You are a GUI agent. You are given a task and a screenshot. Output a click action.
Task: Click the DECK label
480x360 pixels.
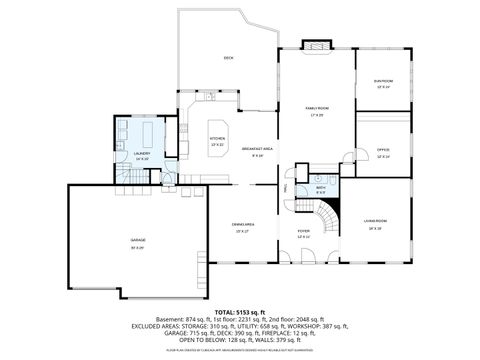click(x=228, y=58)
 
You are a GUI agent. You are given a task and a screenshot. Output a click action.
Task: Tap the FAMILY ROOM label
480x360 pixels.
click(x=317, y=107)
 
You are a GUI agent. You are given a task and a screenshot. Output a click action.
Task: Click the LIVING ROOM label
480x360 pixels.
click(x=375, y=220)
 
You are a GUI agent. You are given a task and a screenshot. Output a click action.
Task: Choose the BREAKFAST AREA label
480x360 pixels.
click(x=257, y=149)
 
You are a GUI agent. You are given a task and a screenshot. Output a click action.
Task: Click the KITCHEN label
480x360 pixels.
click(x=217, y=139)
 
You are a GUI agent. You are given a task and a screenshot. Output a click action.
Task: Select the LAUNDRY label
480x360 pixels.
click(x=141, y=153)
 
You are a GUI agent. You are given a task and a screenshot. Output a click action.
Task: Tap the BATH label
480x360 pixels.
click(x=321, y=187)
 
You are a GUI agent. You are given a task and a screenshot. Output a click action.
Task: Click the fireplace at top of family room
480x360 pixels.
click(x=317, y=45)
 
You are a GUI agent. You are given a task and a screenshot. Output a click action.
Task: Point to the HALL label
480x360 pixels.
click(x=287, y=187)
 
